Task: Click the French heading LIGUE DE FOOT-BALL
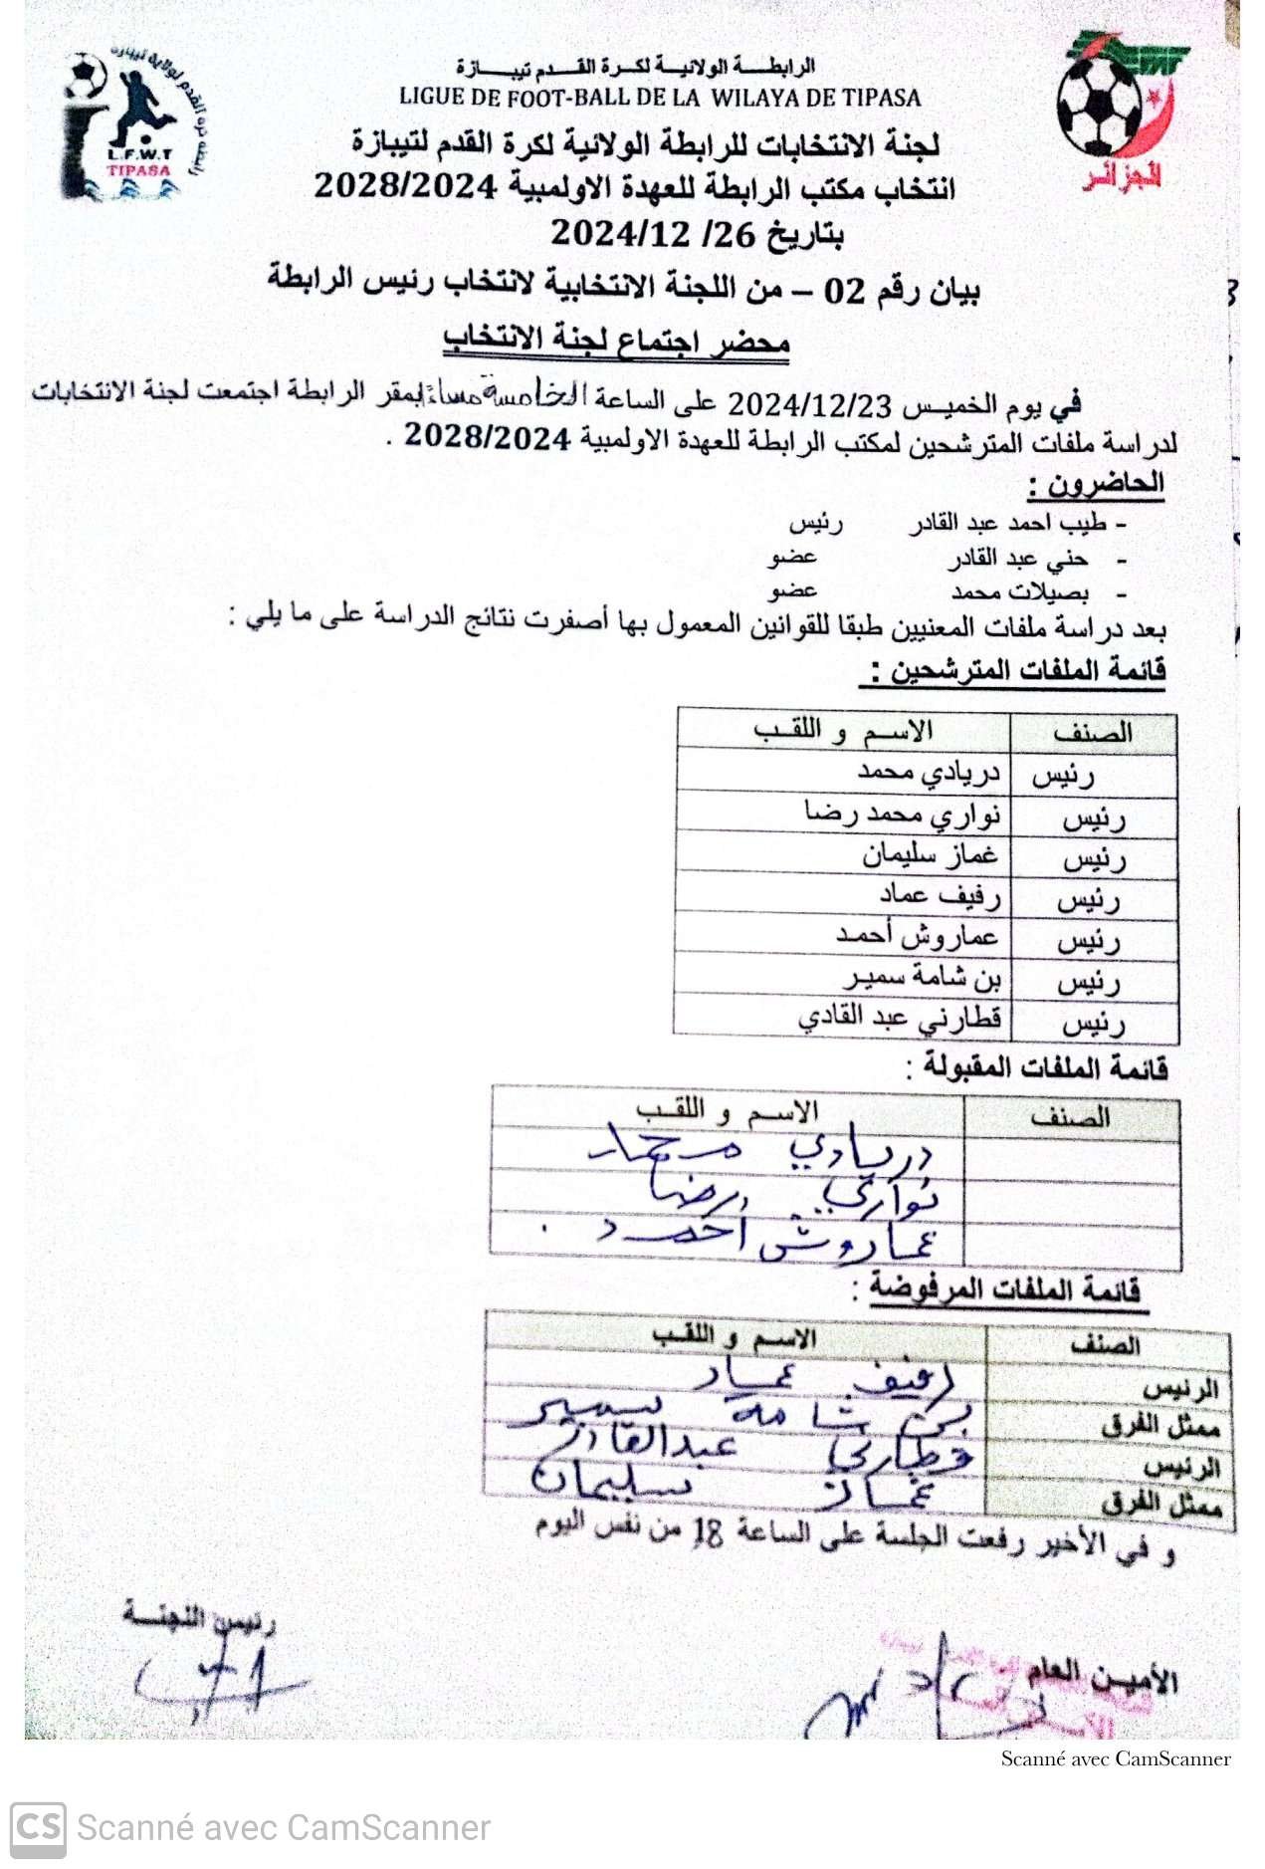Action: coord(659,98)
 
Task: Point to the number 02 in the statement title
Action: coord(844,291)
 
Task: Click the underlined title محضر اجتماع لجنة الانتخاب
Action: coord(616,342)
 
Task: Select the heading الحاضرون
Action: coord(1095,485)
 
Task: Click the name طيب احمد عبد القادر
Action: coord(1006,524)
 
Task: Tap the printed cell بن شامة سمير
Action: coord(922,979)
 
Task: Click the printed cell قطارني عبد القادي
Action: coord(900,1020)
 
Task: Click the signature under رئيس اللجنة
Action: coord(214,1683)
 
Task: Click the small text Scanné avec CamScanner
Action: coord(1115,1758)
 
